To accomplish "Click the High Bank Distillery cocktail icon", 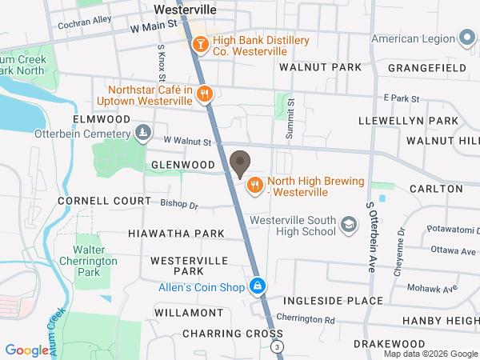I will click(x=199, y=45).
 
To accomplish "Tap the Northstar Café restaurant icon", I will click(x=205, y=94).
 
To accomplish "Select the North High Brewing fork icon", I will click(x=255, y=186).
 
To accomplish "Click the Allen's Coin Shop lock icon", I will click(x=257, y=286).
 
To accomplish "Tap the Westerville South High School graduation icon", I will click(x=349, y=226).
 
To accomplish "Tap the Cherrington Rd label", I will click(x=306, y=318).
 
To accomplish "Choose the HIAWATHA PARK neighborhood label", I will click(x=176, y=234).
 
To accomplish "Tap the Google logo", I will click(x=26, y=350).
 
